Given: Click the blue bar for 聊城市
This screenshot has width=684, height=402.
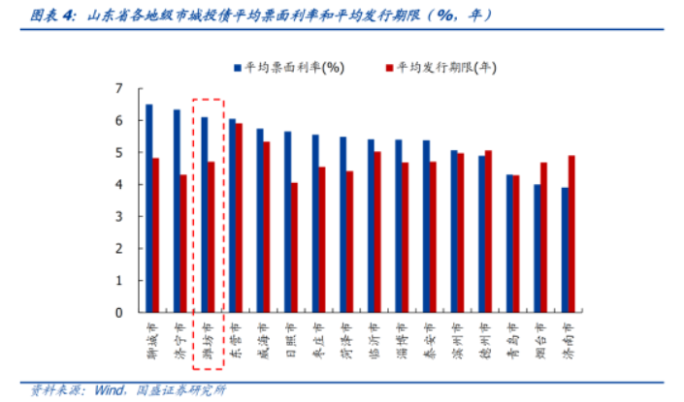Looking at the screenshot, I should point(148,208).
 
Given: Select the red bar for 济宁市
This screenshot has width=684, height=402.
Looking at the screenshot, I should point(183,243).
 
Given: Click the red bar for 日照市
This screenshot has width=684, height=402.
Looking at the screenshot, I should point(294,247).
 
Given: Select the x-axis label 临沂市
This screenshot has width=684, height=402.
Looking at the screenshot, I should point(375,339).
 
